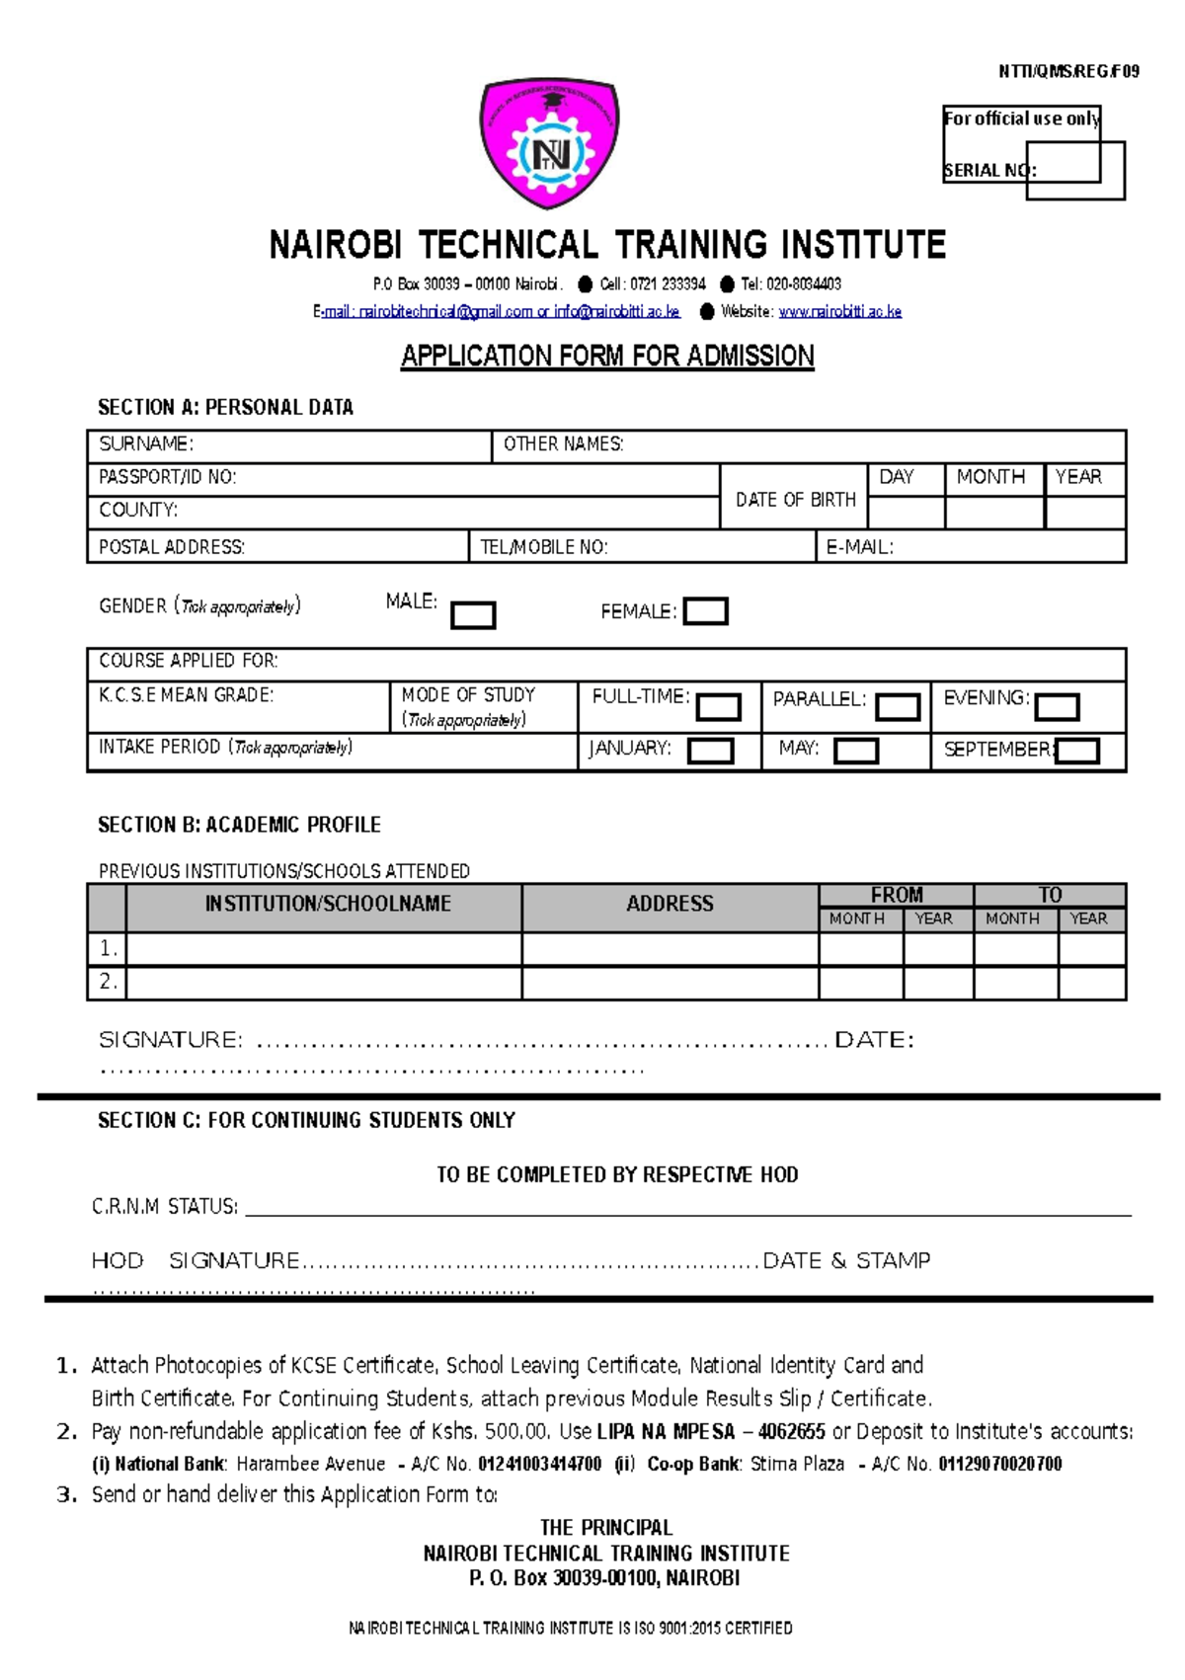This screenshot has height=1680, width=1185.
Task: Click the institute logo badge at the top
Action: [550, 145]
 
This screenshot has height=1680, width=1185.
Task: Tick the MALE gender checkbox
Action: [473, 615]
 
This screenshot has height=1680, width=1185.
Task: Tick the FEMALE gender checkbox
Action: [706, 611]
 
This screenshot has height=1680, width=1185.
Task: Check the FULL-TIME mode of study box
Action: [718, 707]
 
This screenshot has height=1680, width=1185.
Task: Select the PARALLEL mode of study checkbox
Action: [898, 707]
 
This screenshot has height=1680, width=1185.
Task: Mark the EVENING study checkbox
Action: [1057, 707]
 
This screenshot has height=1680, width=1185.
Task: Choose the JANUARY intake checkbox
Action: [710, 752]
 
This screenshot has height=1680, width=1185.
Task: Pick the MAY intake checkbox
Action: [856, 752]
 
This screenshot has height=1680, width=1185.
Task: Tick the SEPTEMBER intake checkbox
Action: [1077, 752]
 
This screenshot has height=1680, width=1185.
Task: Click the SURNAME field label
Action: [146, 444]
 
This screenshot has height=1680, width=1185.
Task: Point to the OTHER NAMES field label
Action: [563, 444]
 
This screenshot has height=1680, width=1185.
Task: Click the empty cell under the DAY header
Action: [906, 513]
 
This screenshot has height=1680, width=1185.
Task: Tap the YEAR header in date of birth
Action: [1078, 477]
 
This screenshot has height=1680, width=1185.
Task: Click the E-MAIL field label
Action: [859, 547]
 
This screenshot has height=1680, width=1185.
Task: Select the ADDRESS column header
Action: [670, 904]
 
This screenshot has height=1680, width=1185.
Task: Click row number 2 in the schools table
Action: [108, 982]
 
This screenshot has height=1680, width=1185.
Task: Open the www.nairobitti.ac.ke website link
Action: [839, 312]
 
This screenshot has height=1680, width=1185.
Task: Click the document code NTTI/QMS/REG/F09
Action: [1068, 71]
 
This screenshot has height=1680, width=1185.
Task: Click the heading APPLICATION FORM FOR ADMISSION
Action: [607, 356]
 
